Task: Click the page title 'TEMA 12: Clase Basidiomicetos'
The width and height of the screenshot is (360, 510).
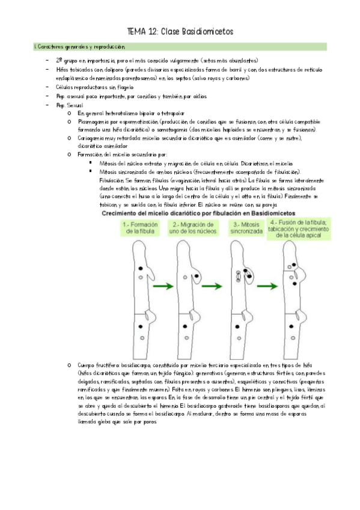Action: (180, 31)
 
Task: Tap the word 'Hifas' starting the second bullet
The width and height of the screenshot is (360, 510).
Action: (63, 69)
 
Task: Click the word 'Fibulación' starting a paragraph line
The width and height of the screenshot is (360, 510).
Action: (111, 180)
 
